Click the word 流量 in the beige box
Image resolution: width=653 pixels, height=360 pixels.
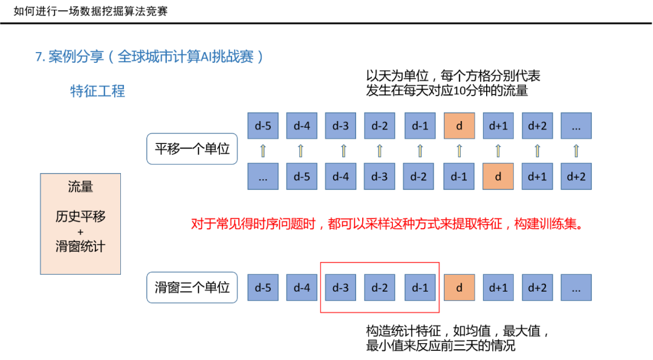80,188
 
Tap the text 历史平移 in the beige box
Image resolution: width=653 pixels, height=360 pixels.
80,217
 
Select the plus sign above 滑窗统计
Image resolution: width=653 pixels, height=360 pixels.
80,232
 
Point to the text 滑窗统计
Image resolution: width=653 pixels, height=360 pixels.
80,247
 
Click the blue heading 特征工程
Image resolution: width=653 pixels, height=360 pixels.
97,91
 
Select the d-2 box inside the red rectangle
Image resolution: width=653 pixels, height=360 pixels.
380,287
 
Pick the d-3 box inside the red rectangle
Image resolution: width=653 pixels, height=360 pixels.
340,287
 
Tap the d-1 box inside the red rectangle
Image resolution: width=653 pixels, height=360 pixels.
420,287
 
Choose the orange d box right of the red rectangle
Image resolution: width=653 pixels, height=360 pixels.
459,287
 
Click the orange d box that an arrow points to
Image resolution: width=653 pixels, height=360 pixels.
459,126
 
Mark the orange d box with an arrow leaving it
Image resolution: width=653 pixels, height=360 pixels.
498,177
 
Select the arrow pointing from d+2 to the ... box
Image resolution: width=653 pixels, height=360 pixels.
576,151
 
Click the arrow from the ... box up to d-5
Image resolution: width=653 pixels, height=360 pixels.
262,151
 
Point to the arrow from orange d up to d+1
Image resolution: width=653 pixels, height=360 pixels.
498,151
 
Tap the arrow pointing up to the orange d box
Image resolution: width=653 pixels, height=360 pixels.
459,151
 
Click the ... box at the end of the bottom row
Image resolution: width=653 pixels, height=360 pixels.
576,287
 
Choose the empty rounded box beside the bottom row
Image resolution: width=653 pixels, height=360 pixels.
192,287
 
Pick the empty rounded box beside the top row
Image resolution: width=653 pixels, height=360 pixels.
192,149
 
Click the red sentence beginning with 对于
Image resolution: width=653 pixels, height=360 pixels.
387,224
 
